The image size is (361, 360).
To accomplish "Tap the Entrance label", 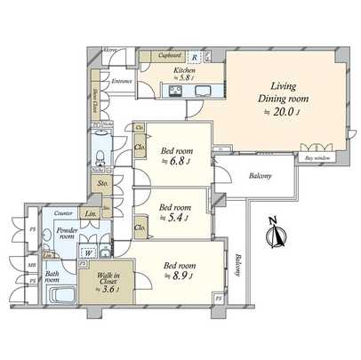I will coord(123,82).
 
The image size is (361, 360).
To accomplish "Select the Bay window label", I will coord(317,157).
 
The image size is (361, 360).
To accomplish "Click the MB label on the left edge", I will coord(31,265).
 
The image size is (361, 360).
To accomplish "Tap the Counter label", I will coord(62,214).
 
